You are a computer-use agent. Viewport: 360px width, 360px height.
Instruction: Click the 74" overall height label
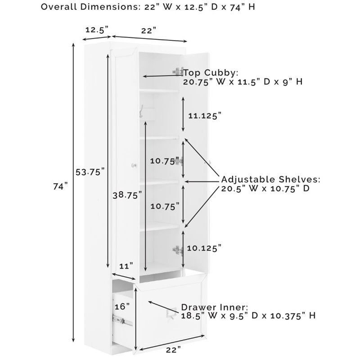[61, 186]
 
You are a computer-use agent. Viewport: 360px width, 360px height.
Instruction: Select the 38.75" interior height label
[127, 195]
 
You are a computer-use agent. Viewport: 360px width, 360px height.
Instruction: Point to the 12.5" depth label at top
[97, 30]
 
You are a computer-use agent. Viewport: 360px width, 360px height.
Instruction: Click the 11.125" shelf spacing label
[205, 116]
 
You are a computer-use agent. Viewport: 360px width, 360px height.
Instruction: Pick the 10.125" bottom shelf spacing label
[204, 248]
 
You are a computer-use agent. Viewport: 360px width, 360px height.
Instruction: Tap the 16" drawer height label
[122, 306]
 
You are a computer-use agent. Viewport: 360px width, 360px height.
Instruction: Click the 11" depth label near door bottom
[126, 266]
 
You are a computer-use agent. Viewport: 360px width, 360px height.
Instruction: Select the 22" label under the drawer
[173, 350]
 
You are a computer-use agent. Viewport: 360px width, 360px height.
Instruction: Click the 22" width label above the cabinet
[149, 31]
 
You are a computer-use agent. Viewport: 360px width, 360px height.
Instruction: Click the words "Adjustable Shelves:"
[271, 179]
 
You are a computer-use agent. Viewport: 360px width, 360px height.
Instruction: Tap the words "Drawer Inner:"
[215, 307]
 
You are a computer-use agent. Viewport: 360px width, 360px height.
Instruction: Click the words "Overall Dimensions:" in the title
[91, 7]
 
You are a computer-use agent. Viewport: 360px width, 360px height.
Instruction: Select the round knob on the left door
[134, 165]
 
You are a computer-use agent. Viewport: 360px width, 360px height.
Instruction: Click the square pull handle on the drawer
[171, 313]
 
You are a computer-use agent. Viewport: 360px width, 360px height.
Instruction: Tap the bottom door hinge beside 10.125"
[178, 251]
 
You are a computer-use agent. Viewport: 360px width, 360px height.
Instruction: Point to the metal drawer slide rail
[122, 320]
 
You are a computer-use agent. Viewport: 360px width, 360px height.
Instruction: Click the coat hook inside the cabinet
[141, 111]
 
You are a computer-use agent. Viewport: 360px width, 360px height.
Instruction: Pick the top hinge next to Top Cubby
[178, 72]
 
